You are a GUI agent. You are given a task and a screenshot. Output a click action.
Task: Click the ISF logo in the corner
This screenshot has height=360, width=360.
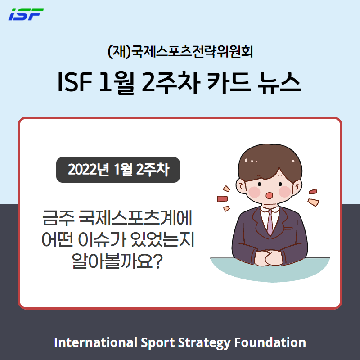[x=26, y=14]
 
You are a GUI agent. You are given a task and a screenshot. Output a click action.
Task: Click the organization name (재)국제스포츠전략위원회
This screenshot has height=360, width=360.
[x=180, y=52]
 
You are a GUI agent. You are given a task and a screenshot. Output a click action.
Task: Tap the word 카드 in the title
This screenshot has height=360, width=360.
[x=229, y=82]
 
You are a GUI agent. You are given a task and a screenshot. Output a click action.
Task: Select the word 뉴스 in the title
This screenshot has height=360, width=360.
[x=279, y=82]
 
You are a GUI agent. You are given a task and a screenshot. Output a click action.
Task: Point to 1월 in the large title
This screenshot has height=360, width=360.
[x=117, y=83]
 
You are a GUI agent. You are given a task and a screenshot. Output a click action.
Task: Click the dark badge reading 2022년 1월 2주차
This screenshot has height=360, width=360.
[x=118, y=170]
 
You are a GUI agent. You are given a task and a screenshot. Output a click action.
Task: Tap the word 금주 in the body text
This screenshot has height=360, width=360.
[x=58, y=218]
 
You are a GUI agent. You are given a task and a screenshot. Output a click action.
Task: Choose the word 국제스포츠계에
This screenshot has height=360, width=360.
[x=135, y=218]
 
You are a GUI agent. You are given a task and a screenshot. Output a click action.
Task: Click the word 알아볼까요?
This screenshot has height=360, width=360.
[x=117, y=261]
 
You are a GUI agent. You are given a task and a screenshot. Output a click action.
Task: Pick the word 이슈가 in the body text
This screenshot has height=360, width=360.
[x=103, y=239]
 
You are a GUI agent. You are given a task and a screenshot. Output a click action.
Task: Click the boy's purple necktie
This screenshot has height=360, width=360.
[x=270, y=222]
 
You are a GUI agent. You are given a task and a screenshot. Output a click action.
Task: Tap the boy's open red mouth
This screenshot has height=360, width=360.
[x=269, y=195]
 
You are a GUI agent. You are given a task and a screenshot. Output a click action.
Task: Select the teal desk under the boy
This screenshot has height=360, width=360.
[x=270, y=271]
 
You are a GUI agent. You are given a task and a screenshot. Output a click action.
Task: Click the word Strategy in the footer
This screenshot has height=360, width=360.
[x=204, y=343]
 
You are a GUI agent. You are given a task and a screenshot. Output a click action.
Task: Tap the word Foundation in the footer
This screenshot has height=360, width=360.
[x=270, y=342]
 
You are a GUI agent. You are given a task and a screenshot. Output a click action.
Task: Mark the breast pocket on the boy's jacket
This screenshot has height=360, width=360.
[x=288, y=228]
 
